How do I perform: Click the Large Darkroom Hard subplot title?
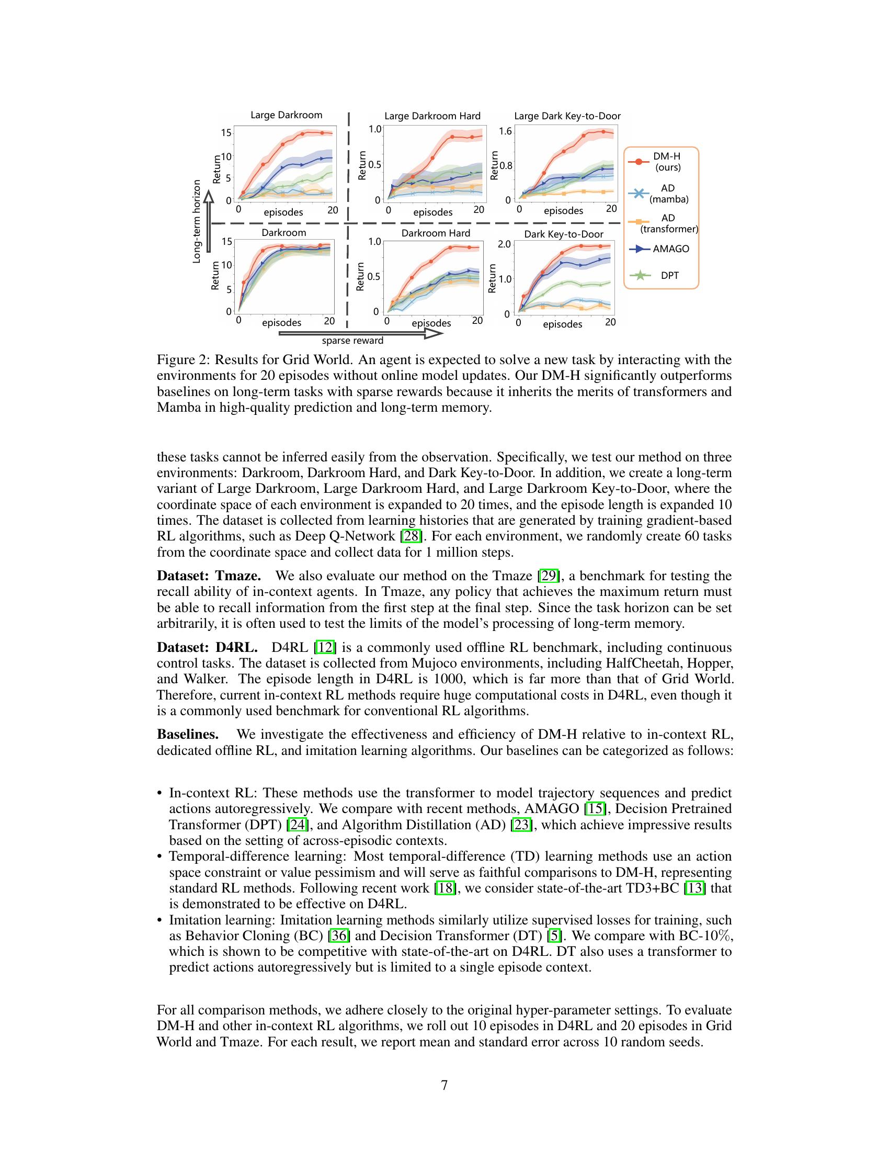pos(432,116)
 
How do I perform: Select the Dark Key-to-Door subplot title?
pos(564,234)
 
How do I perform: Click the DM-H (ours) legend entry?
pos(667,162)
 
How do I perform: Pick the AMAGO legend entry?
pos(670,249)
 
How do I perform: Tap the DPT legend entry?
pos(669,275)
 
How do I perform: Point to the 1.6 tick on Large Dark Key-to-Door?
pos(505,131)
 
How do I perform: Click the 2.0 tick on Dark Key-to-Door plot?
pos(504,244)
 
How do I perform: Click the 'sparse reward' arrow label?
pos(352,341)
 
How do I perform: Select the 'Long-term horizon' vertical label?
pos(197,221)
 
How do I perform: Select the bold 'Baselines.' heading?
pos(188,734)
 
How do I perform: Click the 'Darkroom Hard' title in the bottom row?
pos(436,233)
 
